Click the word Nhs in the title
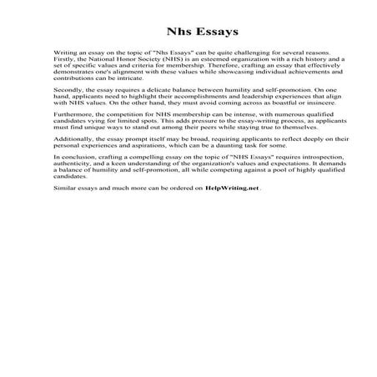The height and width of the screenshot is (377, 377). pyautogui.click(x=160, y=33)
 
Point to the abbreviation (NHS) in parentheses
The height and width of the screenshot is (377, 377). pyautogui.click(x=173, y=60)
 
